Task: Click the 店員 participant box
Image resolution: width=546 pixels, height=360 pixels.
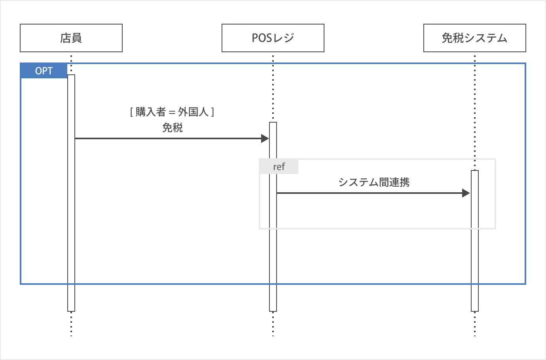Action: [71, 38]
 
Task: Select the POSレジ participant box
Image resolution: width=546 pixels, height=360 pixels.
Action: [273, 38]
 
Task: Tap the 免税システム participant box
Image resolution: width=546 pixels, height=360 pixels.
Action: [474, 38]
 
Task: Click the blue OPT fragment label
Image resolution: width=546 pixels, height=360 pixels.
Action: [44, 71]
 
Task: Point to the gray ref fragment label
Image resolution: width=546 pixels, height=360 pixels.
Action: [279, 167]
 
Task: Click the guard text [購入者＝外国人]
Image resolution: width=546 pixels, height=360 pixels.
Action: [172, 112]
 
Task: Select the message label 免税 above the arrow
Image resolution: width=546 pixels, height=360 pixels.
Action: [172, 128]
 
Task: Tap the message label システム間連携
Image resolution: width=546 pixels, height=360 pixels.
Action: [374, 182]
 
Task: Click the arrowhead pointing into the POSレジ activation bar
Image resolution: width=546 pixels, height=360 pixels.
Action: [265, 138]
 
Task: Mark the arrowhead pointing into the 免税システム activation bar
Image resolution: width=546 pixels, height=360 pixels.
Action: [466, 193]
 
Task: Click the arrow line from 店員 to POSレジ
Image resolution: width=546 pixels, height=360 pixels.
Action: [166, 138]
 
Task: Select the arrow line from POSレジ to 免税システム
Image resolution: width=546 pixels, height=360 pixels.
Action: [368, 193]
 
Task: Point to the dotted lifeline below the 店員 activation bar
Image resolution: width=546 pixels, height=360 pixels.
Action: [71, 324]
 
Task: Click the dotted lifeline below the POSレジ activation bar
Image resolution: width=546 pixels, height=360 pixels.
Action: [273, 324]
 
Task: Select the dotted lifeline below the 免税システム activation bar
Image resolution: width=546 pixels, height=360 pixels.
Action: [475, 324]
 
